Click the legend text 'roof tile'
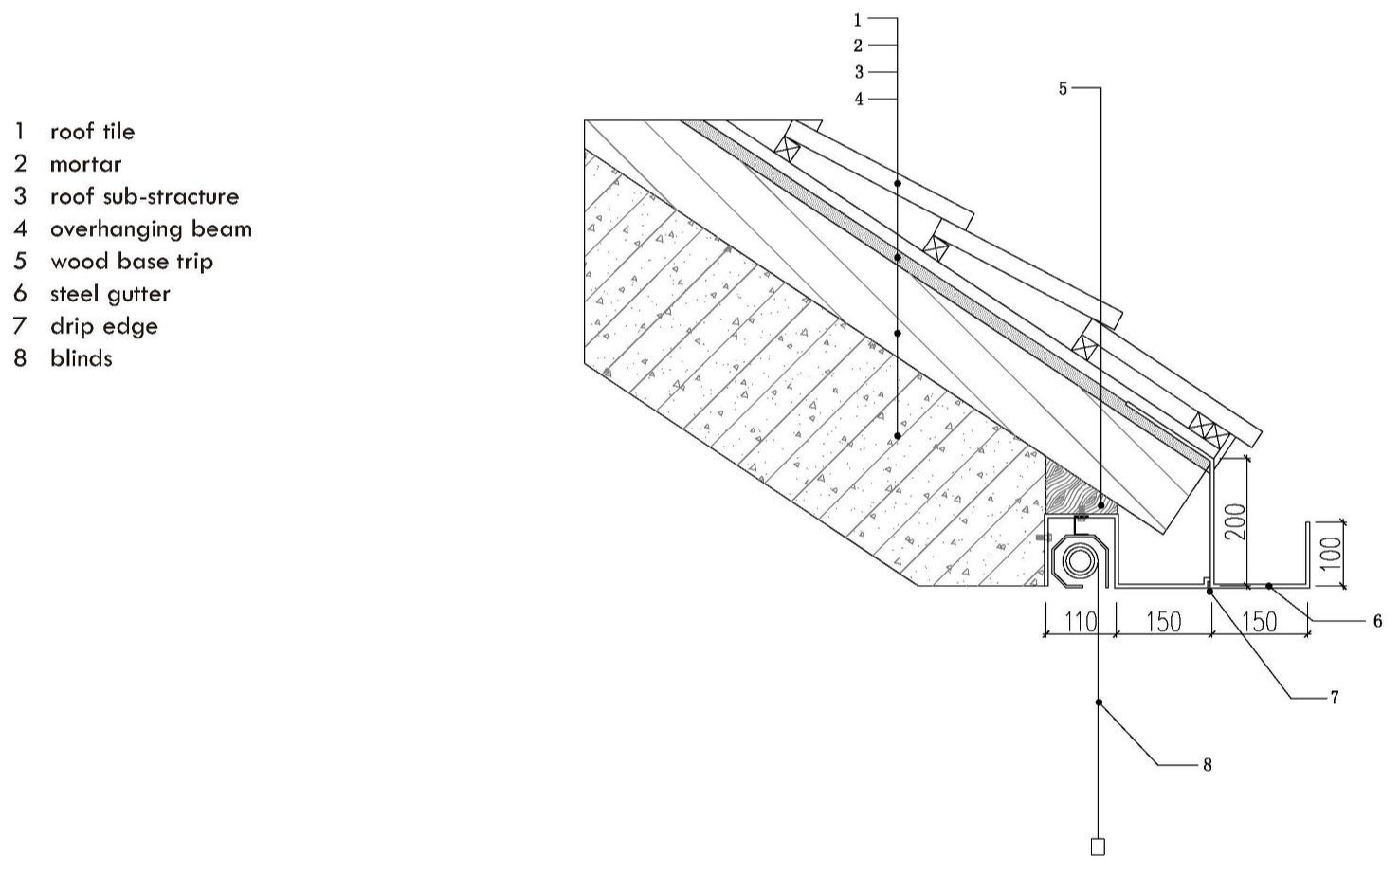[x=93, y=132]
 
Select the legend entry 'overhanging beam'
[x=152, y=229]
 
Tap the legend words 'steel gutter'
[x=110, y=294]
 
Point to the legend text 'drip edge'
[x=104, y=326]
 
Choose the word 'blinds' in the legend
[x=82, y=358]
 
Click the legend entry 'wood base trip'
[x=132, y=262]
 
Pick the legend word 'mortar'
[x=85, y=164]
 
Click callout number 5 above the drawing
[x=1063, y=89]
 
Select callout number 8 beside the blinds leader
[x=1207, y=765]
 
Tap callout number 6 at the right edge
[x=1377, y=621]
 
